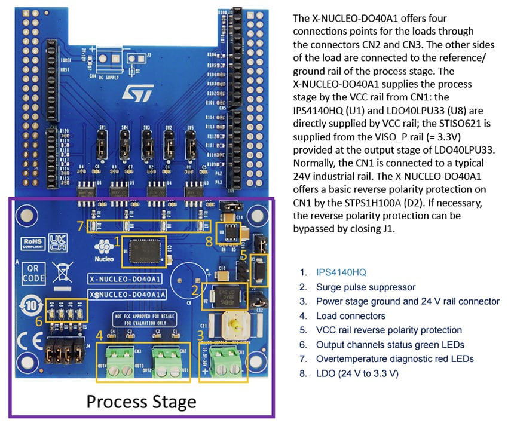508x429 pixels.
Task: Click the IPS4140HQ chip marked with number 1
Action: (x=143, y=250)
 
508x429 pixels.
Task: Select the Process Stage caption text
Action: (x=141, y=401)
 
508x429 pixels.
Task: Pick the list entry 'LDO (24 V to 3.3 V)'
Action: (x=357, y=373)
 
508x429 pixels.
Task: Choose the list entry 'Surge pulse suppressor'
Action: (x=365, y=287)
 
